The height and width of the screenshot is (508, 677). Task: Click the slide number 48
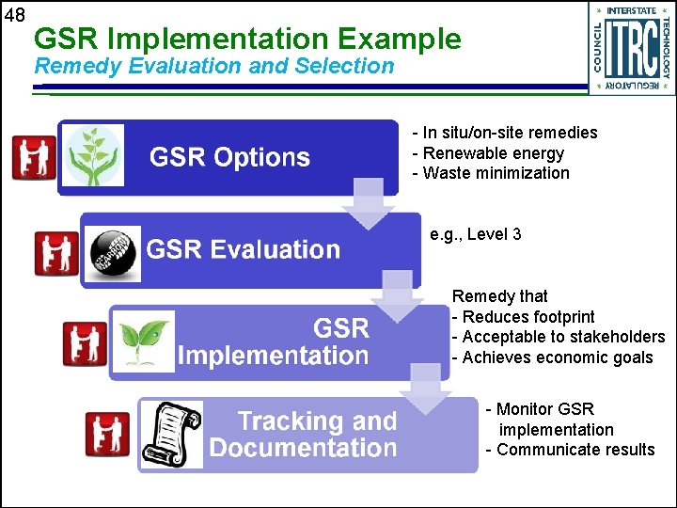coord(15,16)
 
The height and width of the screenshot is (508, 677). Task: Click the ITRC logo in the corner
coord(631,47)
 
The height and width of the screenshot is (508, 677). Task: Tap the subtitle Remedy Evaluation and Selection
coord(213,66)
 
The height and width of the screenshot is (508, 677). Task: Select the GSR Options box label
coord(229,157)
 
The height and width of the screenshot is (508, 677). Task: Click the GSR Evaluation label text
coord(243,249)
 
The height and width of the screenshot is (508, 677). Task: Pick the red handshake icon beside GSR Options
coord(34,157)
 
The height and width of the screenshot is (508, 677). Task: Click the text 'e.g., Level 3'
coord(475,234)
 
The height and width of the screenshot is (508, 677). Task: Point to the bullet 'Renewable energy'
coord(493,153)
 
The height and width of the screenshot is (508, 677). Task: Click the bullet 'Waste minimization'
coord(496,173)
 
